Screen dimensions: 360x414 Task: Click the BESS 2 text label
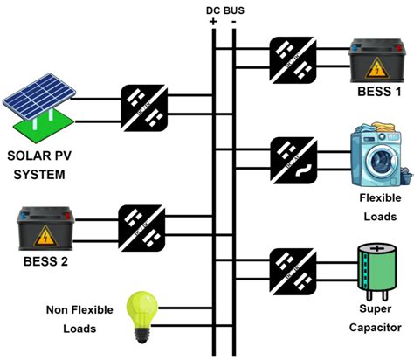(x=45, y=261)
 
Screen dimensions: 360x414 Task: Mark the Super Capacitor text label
(x=376, y=318)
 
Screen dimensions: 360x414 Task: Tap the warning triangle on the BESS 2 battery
(x=43, y=235)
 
